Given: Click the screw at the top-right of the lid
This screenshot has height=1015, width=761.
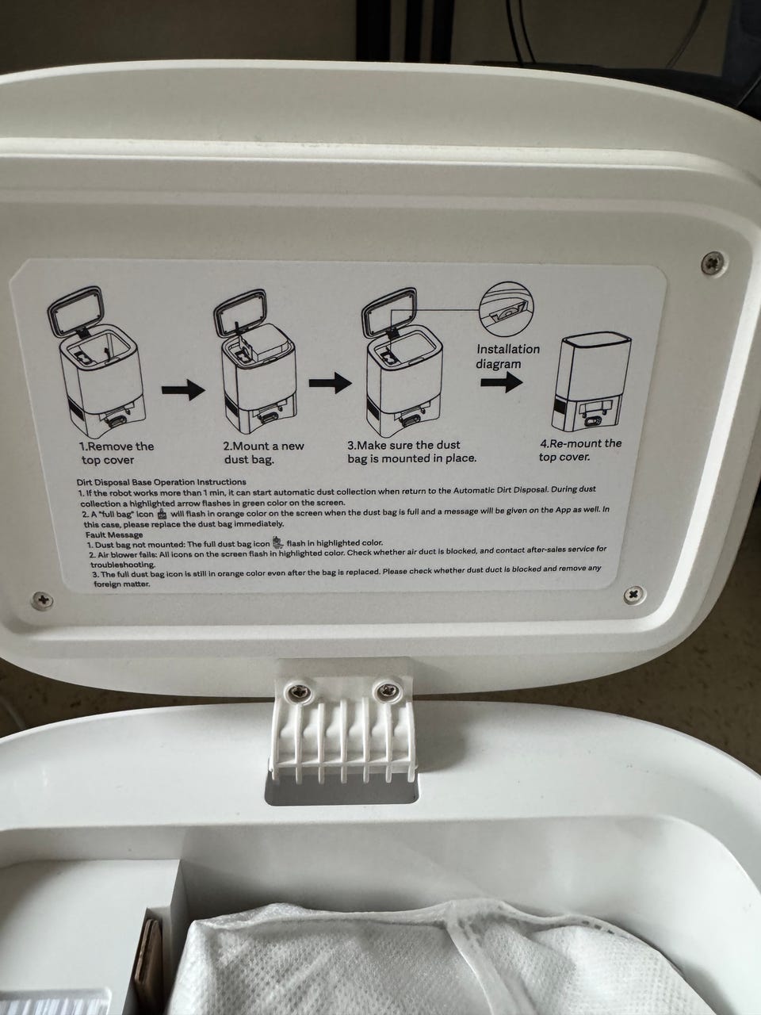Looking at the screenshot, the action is click(712, 262).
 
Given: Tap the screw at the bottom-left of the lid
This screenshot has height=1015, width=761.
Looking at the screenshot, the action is click(43, 600).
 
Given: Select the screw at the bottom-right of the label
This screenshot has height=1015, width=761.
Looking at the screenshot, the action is click(634, 593).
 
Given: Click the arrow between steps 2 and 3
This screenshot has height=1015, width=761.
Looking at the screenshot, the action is click(330, 383).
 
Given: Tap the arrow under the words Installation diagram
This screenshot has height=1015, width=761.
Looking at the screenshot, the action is click(502, 382).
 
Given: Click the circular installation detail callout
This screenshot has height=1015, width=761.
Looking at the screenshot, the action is click(507, 308).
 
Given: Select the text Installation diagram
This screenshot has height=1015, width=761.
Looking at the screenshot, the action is click(508, 356).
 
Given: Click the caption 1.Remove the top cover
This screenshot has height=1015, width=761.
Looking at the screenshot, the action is click(117, 453).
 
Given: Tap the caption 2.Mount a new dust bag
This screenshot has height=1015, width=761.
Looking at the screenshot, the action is click(264, 453).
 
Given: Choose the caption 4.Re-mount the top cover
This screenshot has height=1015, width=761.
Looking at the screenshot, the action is click(580, 450).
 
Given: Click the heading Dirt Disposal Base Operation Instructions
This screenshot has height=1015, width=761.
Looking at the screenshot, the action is click(161, 482).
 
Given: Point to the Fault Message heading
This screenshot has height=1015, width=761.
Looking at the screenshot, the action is click(114, 534).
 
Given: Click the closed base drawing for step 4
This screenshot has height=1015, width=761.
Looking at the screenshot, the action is click(591, 382).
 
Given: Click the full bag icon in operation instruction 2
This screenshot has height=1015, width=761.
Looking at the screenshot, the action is click(161, 514).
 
